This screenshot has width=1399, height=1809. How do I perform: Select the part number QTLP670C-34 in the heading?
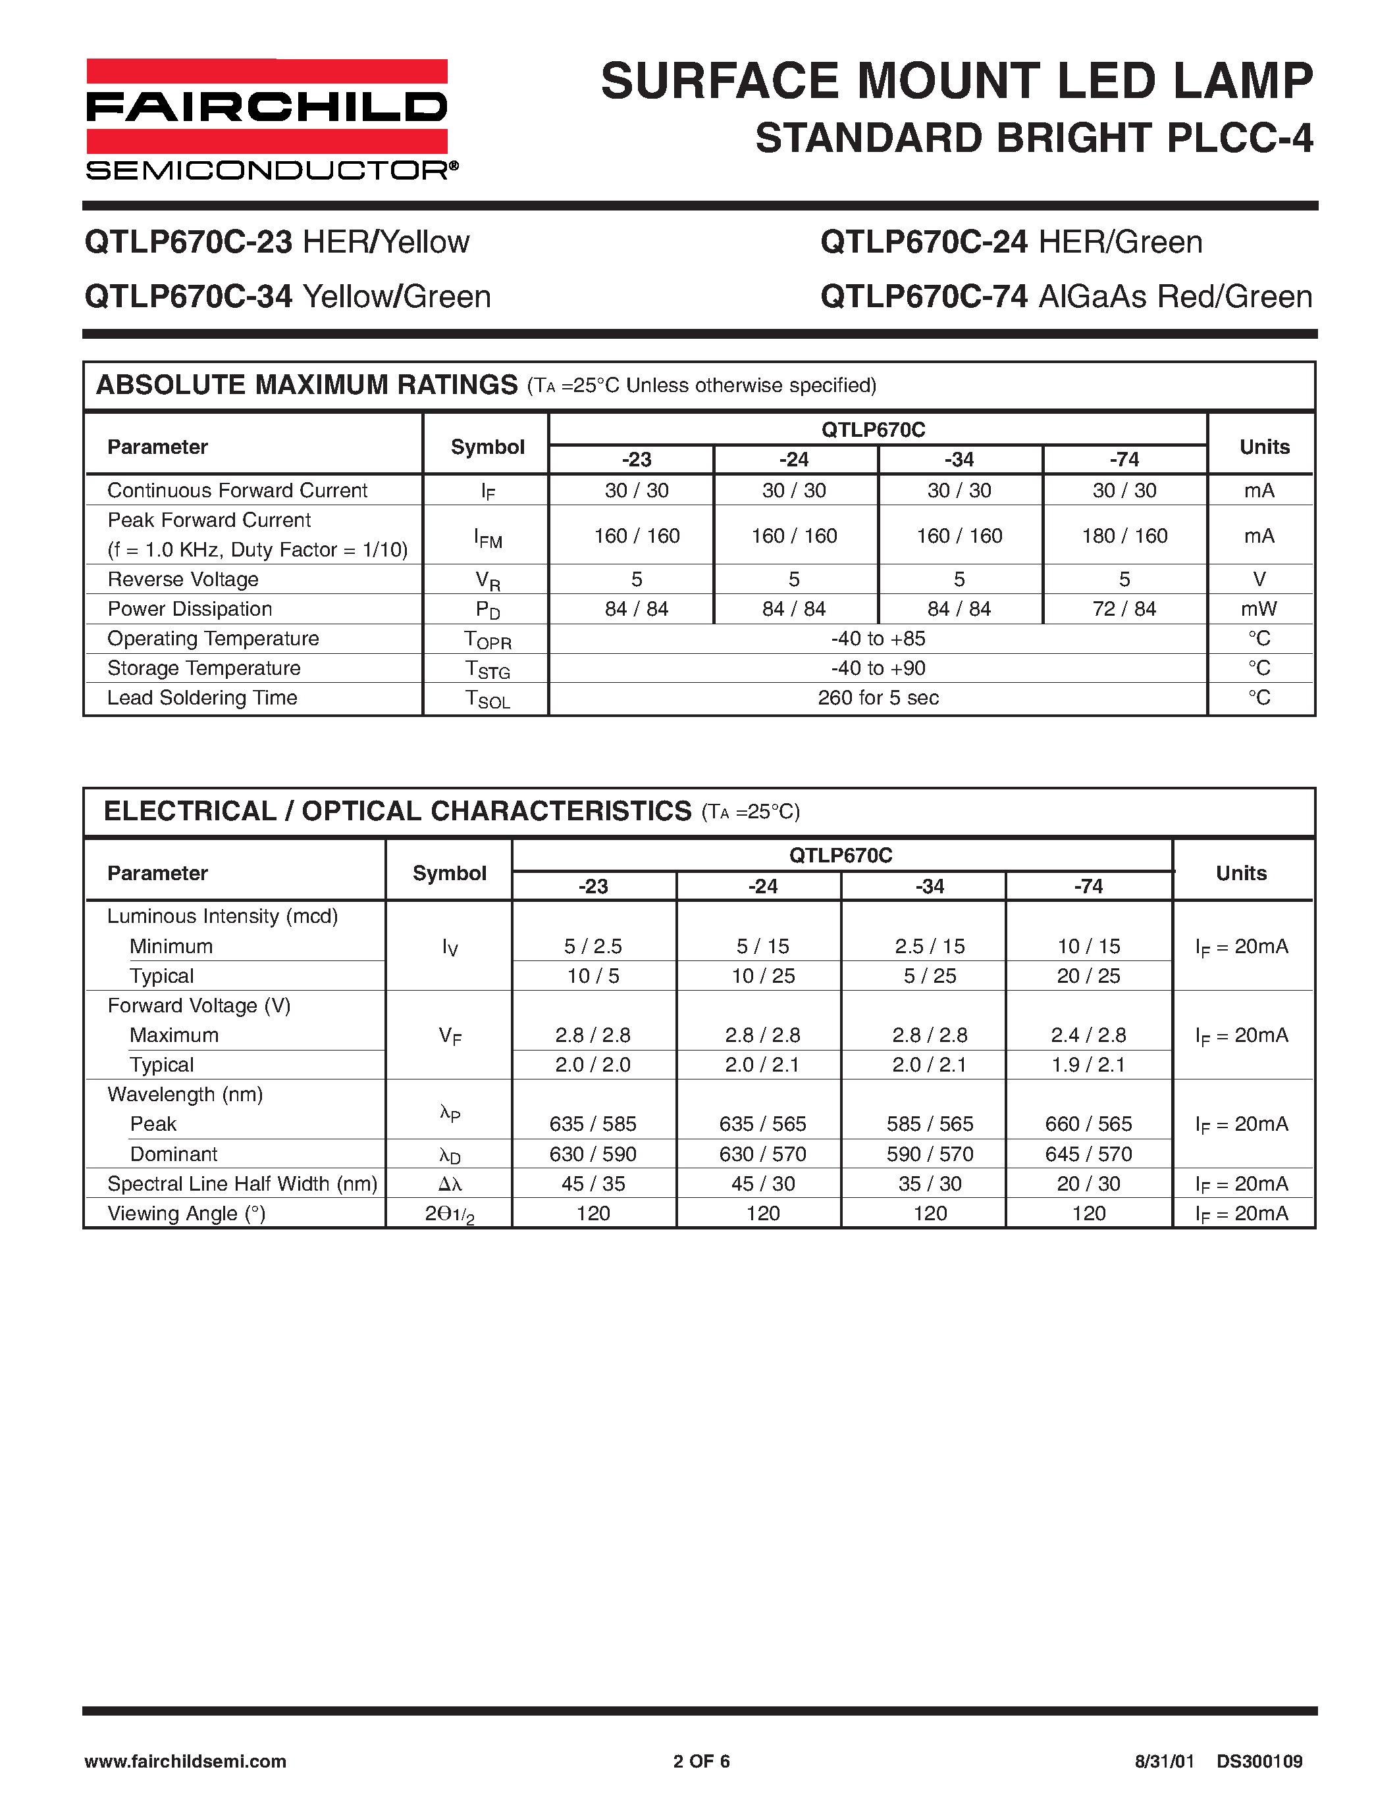188,297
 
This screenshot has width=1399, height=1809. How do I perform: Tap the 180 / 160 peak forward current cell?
1124,536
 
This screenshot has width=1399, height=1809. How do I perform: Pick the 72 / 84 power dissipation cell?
1124,608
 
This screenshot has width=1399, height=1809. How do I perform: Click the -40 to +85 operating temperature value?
878,639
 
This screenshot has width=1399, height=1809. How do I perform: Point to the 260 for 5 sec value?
878,697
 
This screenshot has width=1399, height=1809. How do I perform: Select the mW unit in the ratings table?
1258,608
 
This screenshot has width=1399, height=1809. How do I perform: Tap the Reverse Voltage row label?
183,579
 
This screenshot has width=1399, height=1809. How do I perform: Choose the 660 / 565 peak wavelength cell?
1088,1124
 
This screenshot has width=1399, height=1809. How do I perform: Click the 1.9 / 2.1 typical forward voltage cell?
1088,1064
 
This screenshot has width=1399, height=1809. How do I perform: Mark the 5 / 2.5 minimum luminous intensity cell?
593,946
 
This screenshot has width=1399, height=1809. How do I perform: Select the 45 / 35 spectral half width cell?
593,1183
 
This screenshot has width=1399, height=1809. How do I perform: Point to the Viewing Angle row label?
186,1214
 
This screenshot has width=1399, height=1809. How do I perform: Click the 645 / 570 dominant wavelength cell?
1088,1154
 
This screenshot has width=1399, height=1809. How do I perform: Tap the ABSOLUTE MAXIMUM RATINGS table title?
307,385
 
